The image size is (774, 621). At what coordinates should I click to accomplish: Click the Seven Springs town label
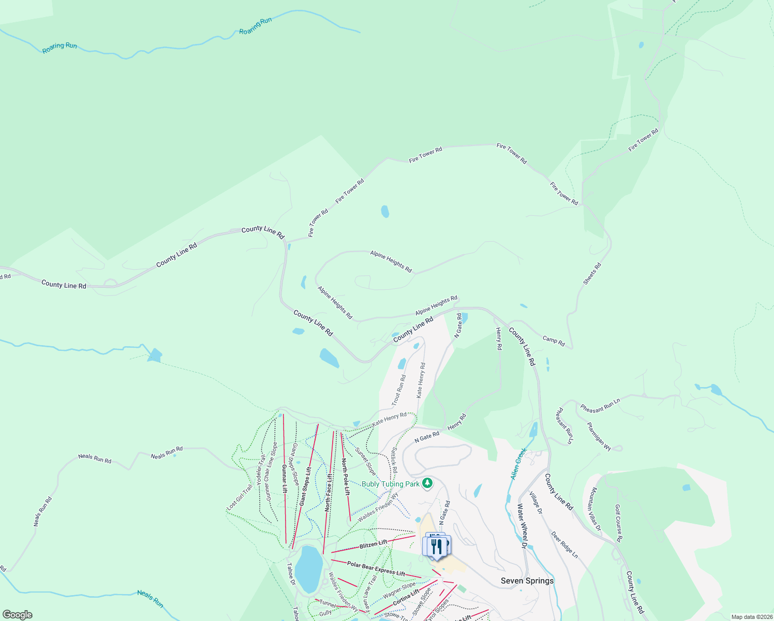pyautogui.click(x=527, y=581)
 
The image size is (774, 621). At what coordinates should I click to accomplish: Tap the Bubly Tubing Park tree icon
pyautogui.click(x=427, y=483)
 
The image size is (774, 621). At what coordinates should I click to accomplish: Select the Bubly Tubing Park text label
pyautogui.click(x=391, y=484)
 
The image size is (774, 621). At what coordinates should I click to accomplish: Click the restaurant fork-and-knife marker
pyautogui.click(x=437, y=546)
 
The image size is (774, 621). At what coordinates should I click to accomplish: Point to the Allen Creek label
pyautogui.click(x=518, y=464)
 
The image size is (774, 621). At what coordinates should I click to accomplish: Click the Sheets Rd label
pyautogui.click(x=592, y=274)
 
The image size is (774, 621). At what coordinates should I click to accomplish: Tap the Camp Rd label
pyautogui.click(x=554, y=341)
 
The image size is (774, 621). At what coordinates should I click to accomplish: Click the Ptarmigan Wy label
pyautogui.click(x=599, y=436)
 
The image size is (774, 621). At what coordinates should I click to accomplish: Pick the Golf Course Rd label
pyautogui.click(x=618, y=523)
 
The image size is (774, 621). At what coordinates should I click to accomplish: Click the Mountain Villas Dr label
pyautogui.click(x=596, y=509)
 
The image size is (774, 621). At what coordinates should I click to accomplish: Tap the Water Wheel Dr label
pyautogui.click(x=522, y=526)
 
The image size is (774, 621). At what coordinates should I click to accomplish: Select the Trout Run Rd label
pyautogui.click(x=398, y=390)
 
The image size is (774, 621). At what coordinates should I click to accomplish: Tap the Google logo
pyautogui.click(x=18, y=614)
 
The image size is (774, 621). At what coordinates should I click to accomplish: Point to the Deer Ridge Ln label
pyautogui.click(x=564, y=544)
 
